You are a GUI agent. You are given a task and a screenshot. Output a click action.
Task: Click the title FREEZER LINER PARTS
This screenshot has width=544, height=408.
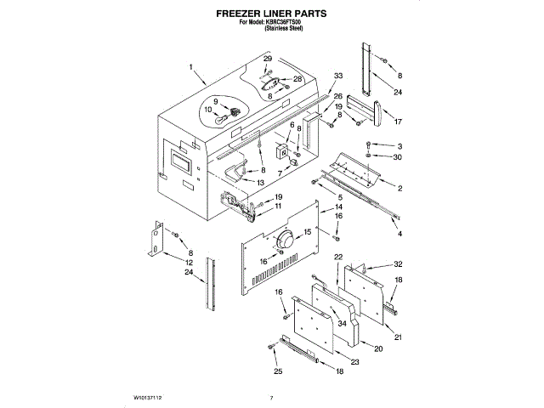point(271,14)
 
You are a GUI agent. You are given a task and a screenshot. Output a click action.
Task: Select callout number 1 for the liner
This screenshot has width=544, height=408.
point(191,66)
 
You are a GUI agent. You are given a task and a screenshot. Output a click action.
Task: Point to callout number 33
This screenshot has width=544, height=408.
point(338,76)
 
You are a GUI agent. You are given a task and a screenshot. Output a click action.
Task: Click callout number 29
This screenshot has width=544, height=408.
point(267,58)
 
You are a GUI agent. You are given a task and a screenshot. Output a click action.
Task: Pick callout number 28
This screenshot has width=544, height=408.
point(297,79)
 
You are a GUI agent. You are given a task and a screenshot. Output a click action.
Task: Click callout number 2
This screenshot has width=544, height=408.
point(400,187)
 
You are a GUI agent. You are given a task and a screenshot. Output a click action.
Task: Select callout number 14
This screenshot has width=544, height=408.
point(338,207)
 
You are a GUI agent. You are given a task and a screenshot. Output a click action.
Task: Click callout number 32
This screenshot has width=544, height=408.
point(398,264)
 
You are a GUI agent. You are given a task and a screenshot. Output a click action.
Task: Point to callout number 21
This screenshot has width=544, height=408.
point(398,337)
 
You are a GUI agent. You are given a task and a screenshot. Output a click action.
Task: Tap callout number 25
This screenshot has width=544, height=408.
point(276,371)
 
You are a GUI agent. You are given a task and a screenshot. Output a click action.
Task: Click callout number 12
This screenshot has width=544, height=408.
point(190,263)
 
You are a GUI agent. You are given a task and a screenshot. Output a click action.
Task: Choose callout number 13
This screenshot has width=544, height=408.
point(261,183)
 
